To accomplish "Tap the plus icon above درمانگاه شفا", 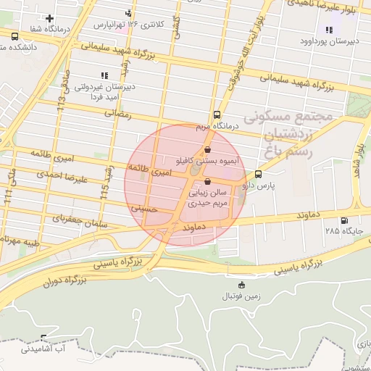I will click(49, 18).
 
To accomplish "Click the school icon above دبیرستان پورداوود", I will click(329, 30).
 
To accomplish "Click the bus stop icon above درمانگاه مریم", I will click(217, 115).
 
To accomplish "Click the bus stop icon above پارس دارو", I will click(259, 175).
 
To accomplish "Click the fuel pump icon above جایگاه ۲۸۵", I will click(343, 221).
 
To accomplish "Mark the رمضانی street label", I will click(119, 114).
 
